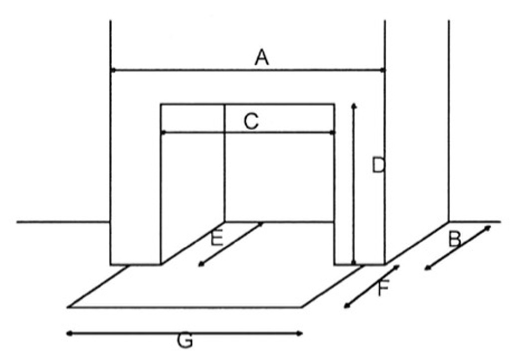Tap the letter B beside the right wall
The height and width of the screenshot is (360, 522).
(x=455, y=239)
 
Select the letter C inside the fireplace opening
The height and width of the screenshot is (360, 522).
(x=251, y=121)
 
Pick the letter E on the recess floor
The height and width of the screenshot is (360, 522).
(x=217, y=238)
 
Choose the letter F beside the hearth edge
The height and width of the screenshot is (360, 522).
(x=383, y=288)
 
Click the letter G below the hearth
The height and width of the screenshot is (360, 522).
(x=185, y=341)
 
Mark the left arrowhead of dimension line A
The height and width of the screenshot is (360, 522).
(x=113, y=70)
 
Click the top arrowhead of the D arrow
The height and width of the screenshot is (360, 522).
(x=354, y=106)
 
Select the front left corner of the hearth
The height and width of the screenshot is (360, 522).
(x=69, y=307)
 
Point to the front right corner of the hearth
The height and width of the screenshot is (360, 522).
(x=302, y=307)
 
